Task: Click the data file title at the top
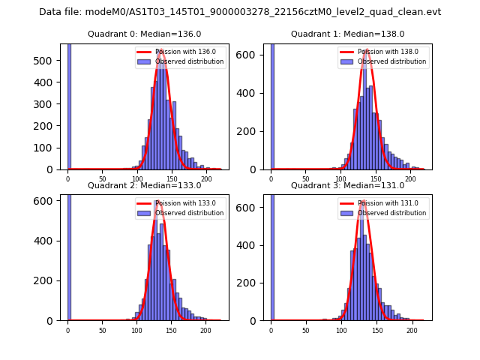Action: coord(240,12)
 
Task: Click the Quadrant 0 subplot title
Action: coord(145,34)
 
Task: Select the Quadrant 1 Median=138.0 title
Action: coord(348,34)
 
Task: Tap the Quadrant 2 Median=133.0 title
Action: coord(145,185)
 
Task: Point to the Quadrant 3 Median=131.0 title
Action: coord(348,185)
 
